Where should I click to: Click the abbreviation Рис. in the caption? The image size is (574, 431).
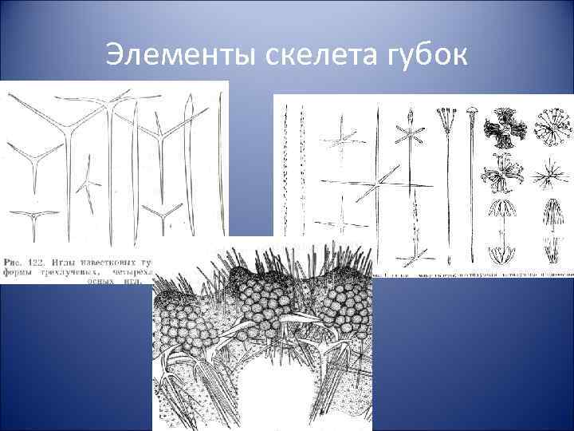(x=17, y=262)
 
